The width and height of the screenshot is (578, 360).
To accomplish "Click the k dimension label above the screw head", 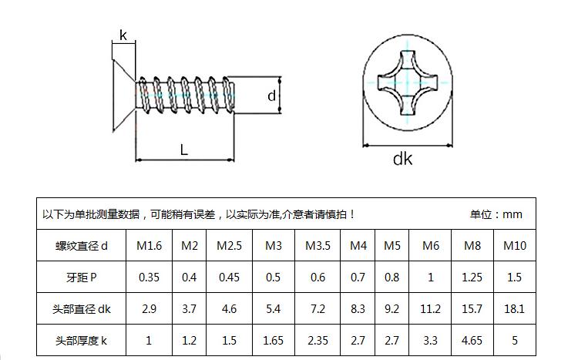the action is [123, 35].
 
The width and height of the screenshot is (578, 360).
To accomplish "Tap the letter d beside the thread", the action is [271, 96].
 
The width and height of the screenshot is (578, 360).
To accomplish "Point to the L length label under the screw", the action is [184, 150].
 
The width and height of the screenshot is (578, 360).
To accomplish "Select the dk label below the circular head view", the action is [402, 159].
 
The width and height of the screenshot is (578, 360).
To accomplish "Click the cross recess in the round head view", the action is [408, 82].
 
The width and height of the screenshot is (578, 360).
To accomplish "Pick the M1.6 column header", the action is [149, 246].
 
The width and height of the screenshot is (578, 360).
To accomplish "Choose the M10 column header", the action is [515, 246].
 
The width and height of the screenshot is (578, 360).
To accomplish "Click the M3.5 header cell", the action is [318, 246].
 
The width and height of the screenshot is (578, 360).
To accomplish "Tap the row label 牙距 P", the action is [82, 278].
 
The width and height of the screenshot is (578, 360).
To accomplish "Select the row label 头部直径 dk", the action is [82, 309].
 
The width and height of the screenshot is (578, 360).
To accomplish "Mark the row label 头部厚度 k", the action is [82, 341].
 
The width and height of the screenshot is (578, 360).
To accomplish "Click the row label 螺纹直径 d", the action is [82, 246].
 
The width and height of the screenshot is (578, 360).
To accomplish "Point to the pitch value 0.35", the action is [149, 278].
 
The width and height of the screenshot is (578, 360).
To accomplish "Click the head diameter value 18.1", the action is [514, 308].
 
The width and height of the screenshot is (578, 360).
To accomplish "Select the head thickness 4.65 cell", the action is [472, 341].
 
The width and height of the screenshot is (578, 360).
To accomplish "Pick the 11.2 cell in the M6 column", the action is [430, 308].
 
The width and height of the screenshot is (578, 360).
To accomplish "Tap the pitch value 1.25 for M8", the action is [472, 278].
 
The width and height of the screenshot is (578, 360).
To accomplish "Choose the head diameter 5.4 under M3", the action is [273, 308].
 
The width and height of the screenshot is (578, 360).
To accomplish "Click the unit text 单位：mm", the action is [496, 214].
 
